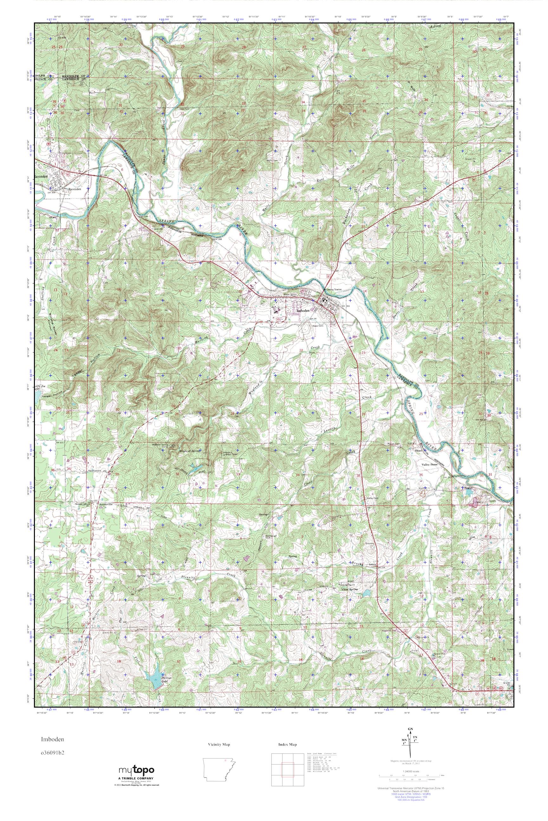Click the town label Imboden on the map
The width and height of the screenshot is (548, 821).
click(x=303, y=310)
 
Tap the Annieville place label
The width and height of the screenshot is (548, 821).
click(x=106, y=504)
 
